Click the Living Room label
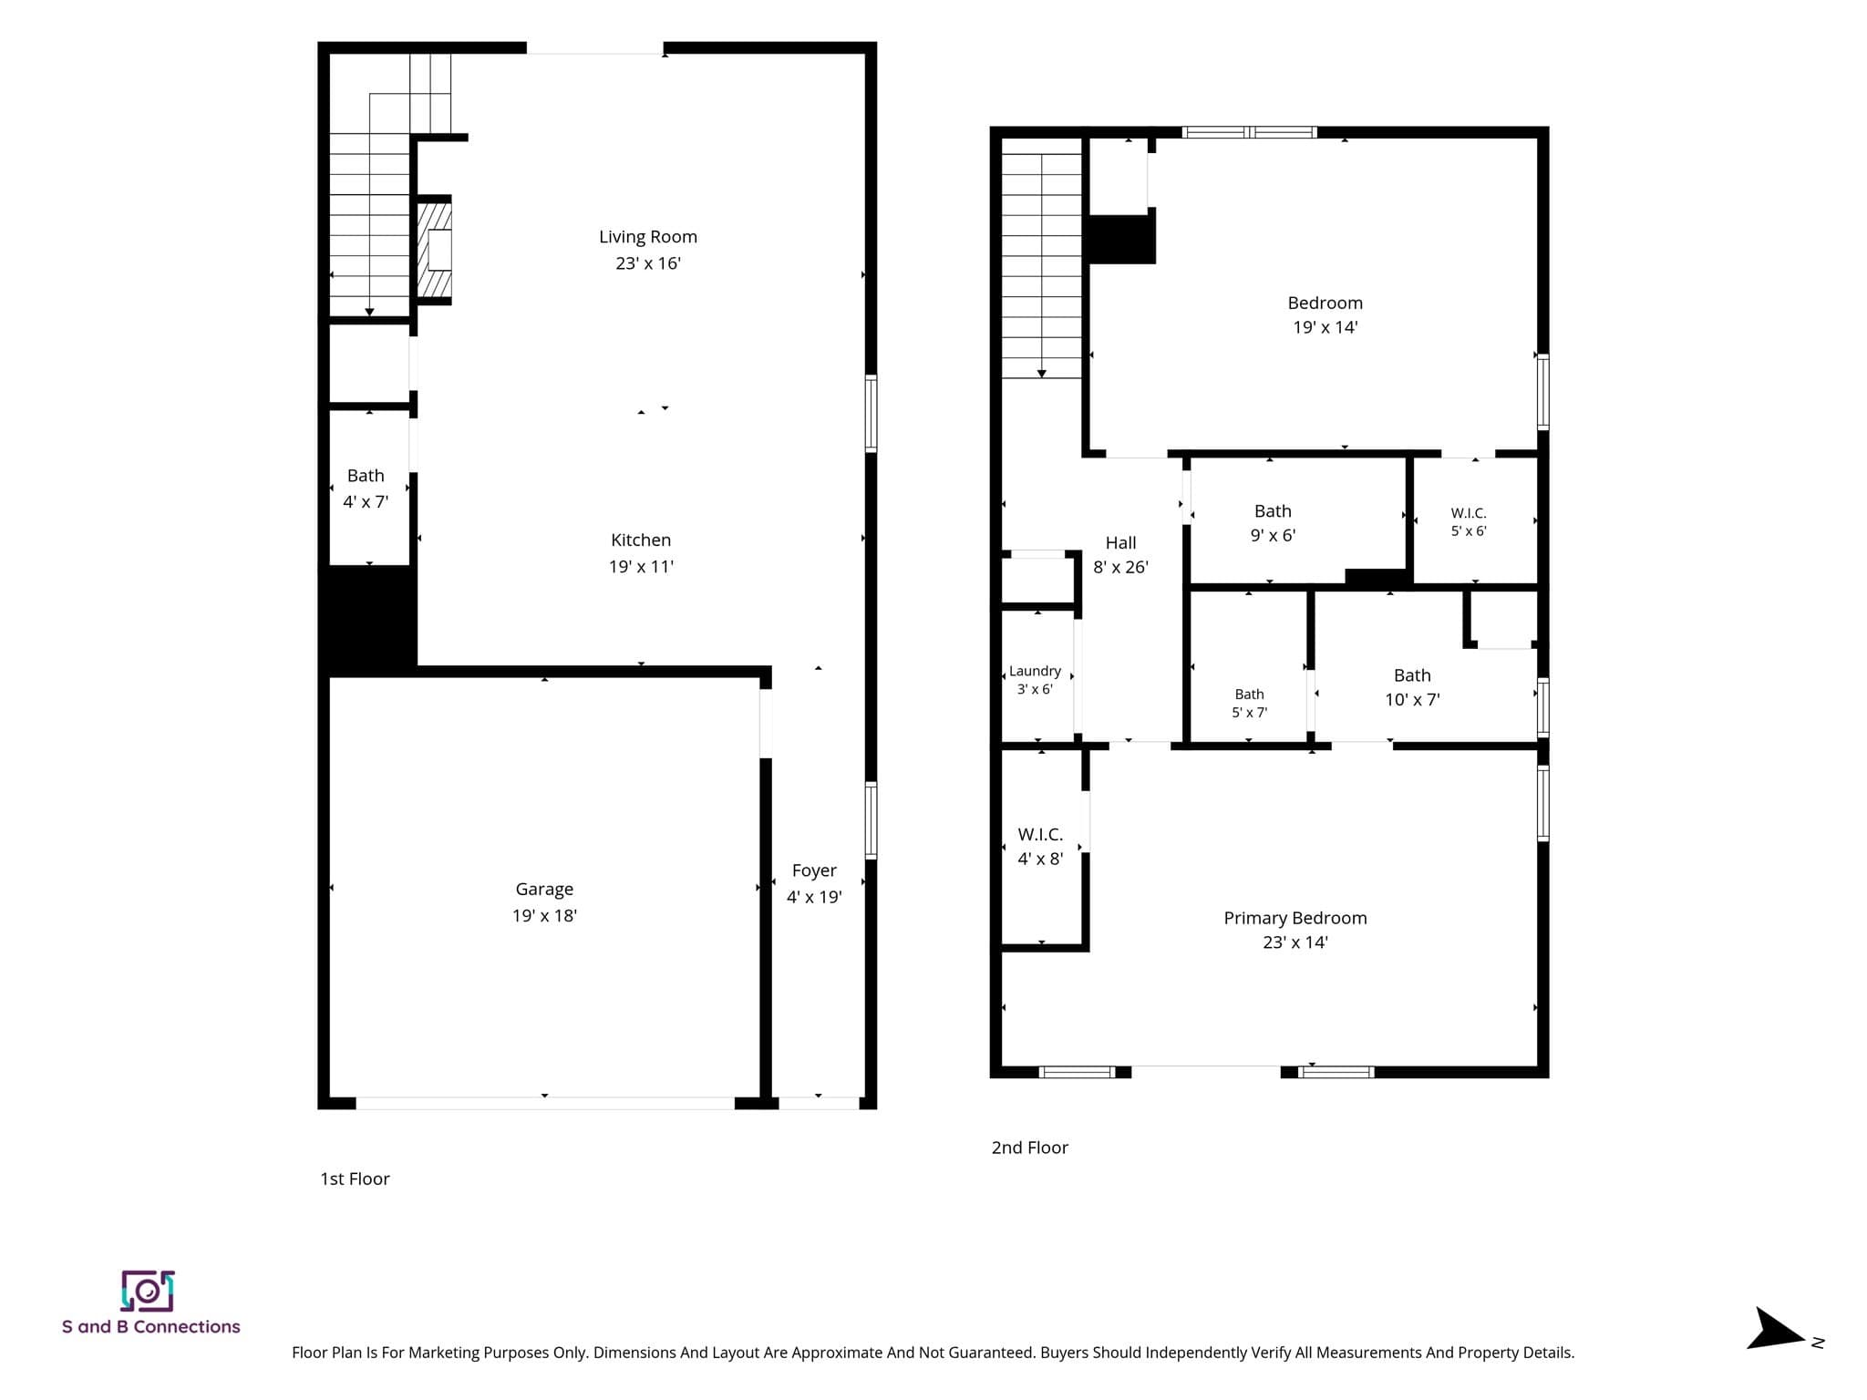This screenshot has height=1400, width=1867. pyautogui.click(x=648, y=237)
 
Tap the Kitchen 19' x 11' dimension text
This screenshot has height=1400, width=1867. pyautogui.click(x=641, y=567)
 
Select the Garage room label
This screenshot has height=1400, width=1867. pyautogui.click(x=544, y=890)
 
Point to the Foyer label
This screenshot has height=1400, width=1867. pyautogui.click(x=814, y=870)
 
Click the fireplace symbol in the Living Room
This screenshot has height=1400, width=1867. pyautogui.click(x=435, y=250)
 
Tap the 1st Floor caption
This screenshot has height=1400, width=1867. pyautogui.click(x=355, y=1179)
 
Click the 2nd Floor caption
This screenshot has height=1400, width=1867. pyautogui.click(x=1030, y=1148)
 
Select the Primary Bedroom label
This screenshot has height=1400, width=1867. pyautogui.click(x=1295, y=918)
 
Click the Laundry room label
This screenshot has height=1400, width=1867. pyautogui.click(x=1035, y=671)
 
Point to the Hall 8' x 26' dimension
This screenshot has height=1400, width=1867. pyautogui.click(x=1121, y=567)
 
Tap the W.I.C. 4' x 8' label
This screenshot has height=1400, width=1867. pyautogui.click(x=1040, y=847)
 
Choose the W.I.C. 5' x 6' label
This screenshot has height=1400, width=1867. pyautogui.click(x=1469, y=522)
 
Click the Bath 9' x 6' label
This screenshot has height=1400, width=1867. pyautogui.click(x=1273, y=523)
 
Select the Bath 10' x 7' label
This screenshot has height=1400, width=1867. pyautogui.click(x=1412, y=687)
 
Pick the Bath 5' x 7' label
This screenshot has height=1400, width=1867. pyautogui.click(x=1249, y=704)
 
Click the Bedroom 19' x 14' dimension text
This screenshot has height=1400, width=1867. pyautogui.click(x=1325, y=327)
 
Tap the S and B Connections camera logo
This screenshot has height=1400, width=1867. pyautogui.click(x=148, y=1291)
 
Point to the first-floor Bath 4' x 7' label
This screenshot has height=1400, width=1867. pyautogui.click(x=366, y=489)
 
